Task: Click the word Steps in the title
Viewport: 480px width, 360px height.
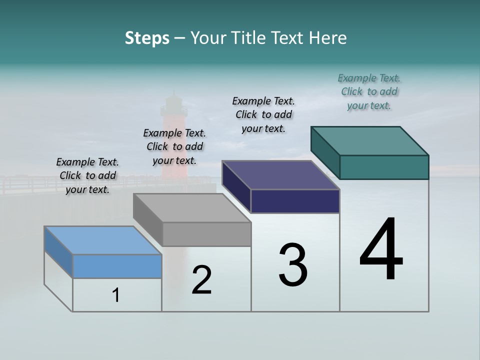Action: [147, 38]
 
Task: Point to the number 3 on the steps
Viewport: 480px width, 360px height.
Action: [293, 265]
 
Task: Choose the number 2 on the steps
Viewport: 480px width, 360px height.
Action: [201, 280]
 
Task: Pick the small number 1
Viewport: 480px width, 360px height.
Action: [116, 295]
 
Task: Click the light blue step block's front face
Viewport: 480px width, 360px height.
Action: [117, 266]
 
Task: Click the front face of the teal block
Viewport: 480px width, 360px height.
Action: [384, 167]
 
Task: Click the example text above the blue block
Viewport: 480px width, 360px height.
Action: [87, 175]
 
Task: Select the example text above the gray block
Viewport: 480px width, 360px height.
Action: [174, 146]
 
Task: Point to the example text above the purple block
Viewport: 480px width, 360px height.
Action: [263, 114]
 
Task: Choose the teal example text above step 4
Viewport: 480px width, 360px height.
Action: [369, 91]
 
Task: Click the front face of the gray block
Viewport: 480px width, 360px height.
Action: [206, 234]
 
